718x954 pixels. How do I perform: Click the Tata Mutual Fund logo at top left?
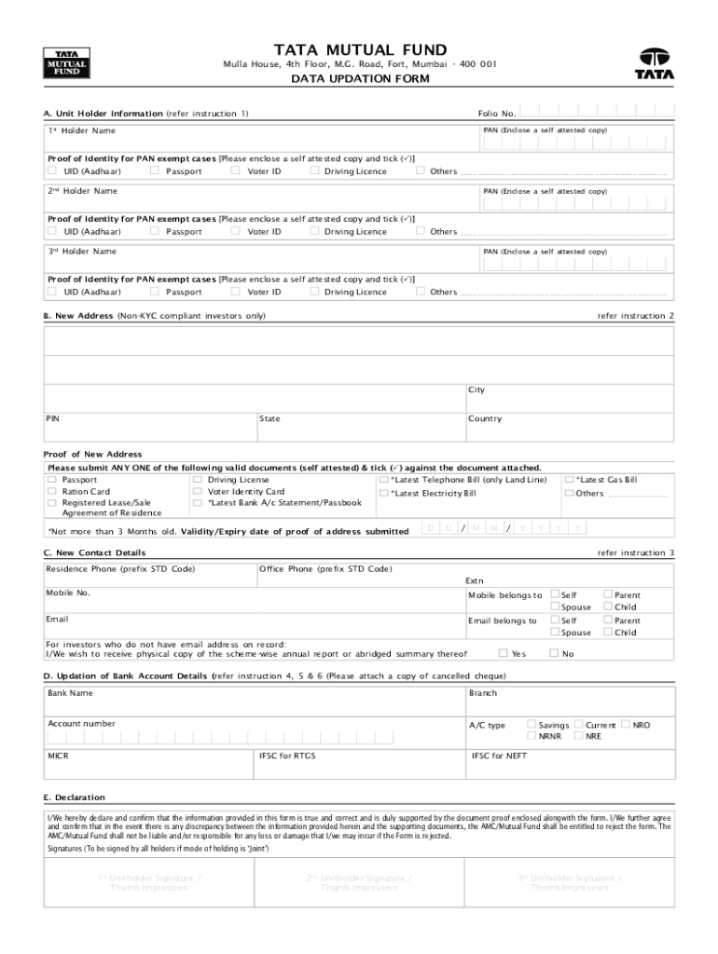[x=64, y=63]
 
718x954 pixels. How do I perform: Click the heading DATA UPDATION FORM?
[x=359, y=79]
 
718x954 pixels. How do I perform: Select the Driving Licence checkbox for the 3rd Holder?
[x=314, y=292]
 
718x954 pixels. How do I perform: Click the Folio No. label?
[x=497, y=114]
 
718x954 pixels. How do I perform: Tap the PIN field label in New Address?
[x=54, y=419]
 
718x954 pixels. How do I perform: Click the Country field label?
[x=485, y=419]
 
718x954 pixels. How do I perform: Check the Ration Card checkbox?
[x=51, y=491]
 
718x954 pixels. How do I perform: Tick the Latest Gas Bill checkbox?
[x=569, y=480]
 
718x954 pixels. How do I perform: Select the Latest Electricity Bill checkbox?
[x=384, y=493]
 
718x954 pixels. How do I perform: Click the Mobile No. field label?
[x=68, y=593]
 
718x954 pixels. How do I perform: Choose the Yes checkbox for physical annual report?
[x=504, y=653]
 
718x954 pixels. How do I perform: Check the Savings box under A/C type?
[x=532, y=724]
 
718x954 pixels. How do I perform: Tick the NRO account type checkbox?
[x=626, y=724]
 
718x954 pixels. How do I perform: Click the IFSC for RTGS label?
[x=287, y=756]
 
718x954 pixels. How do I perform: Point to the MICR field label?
[x=58, y=756]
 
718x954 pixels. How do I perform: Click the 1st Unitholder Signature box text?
[x=149, y=882]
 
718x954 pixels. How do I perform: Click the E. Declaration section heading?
[x=74, y=797]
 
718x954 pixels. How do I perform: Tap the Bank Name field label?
[x=70, y=693]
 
